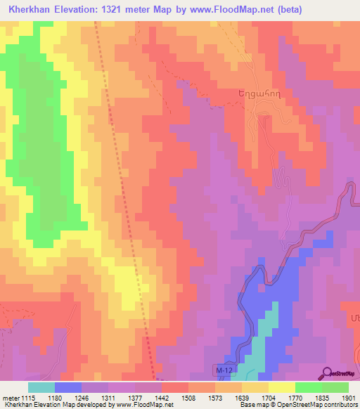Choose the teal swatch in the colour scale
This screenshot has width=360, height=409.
(41, 387)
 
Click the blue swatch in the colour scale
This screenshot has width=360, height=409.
(68, 387)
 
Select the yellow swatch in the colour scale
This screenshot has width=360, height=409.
(281, 387)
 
